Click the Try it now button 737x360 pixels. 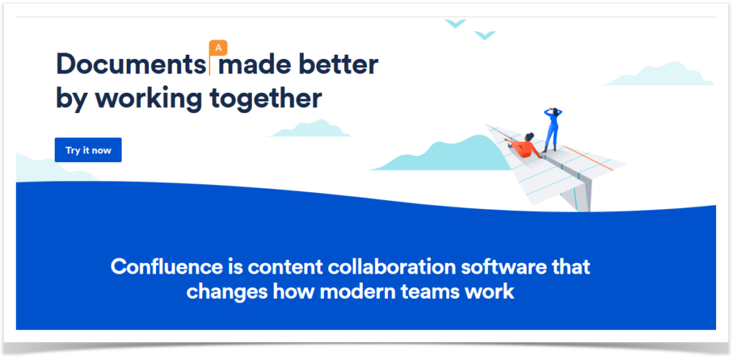pos(88,150)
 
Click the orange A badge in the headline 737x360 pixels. pos(218,48)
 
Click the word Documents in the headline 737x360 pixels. pos(130,65)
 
